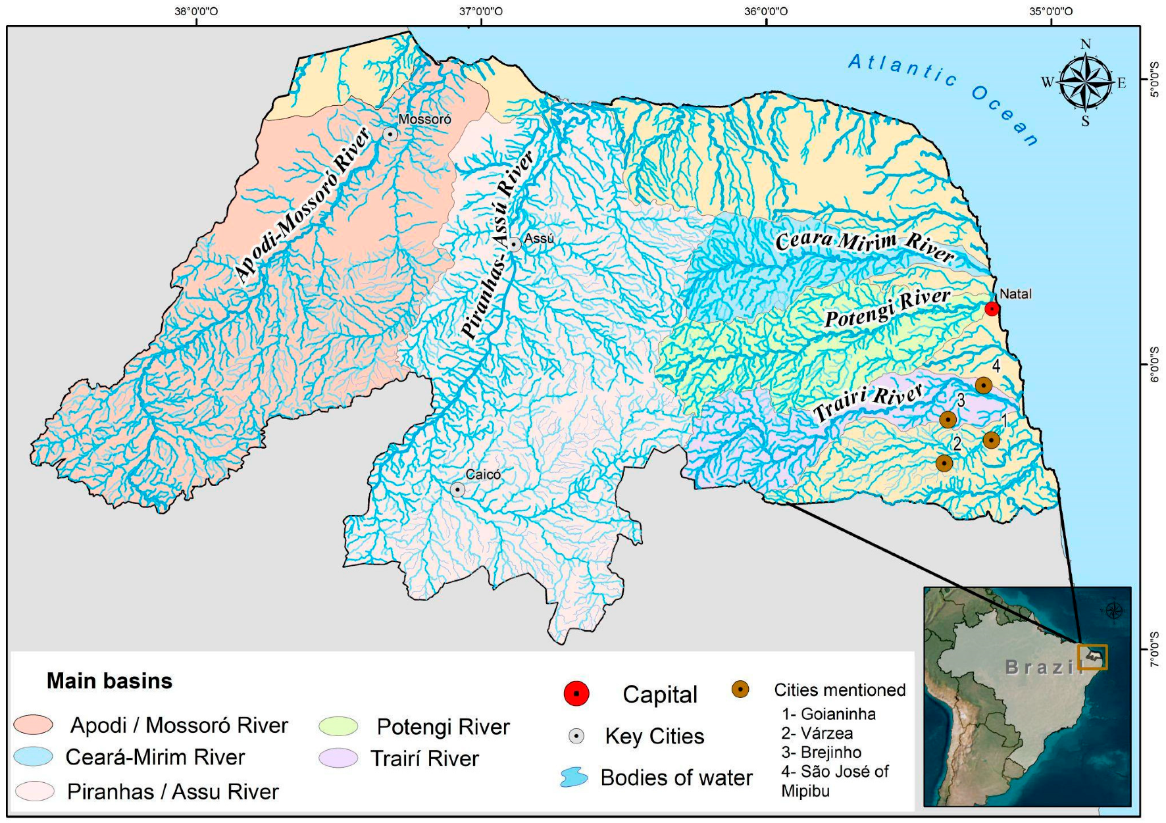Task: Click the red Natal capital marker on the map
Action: click(992, 309)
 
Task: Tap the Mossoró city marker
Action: click(390, 134)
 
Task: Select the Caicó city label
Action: click(483, 474)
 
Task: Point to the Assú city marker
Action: click(514, 245)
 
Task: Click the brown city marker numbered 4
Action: click(983, 385)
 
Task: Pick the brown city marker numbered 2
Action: click(944, 463)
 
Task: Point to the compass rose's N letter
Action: click(1085, 45)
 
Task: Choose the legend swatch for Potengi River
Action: click(338, 726)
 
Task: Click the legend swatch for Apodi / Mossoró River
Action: click(34, 725)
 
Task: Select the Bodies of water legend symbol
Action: click(574, 778)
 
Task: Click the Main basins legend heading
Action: click(109, 681)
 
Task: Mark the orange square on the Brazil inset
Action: click(1092, 657)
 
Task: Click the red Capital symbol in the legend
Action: click(576, 694)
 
